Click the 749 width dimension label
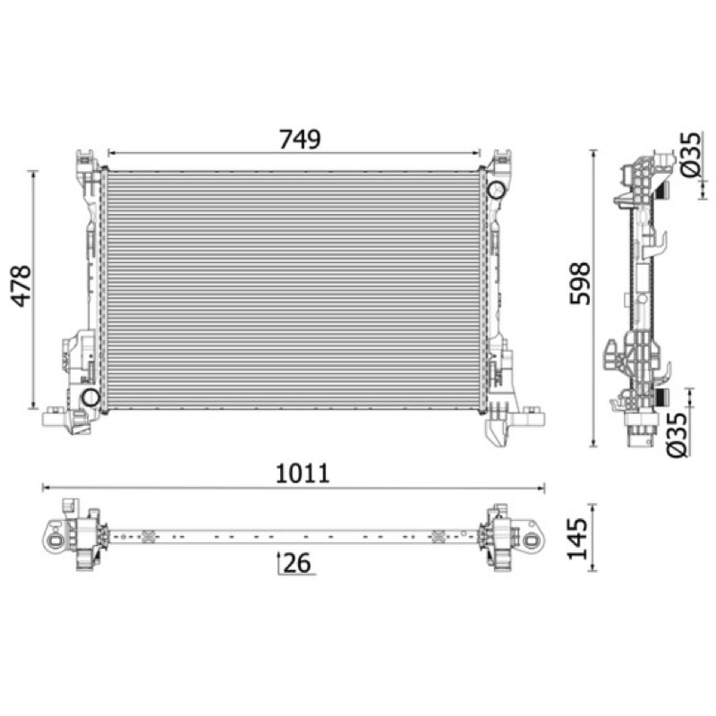pos(300,140)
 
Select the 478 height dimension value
pos(21,286)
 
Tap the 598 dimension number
pos(580,283)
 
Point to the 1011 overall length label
pos(303,473)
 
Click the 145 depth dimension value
pos(577,539)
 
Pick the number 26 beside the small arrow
pos(297,563)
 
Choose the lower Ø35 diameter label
pos(677,434)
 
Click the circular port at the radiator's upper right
pos(496,190)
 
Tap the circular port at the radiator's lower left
pos(91,396)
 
